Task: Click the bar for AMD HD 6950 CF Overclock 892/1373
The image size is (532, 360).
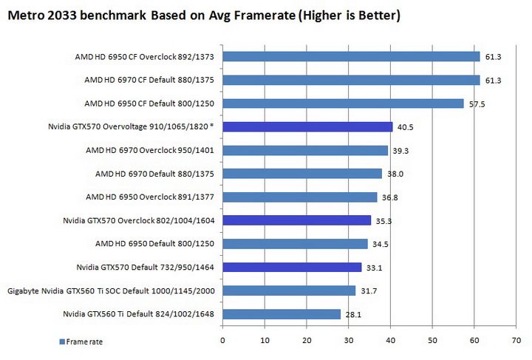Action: [x=351, y=56]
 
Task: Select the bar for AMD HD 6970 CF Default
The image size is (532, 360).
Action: [x=351, y=80]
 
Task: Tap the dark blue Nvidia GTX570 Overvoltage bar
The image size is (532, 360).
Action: [x=307, y=126]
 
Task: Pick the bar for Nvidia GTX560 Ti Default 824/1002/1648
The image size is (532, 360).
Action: [x=282, y=314]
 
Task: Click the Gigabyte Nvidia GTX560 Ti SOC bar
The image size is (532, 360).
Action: [x=289, y=291]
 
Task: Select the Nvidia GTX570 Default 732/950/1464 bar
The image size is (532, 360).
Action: [x=292, y=267]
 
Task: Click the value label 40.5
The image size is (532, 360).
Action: [x=404, y=127]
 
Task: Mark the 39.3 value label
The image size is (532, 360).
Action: [x=399, y=151]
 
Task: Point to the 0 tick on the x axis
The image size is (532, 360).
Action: [x=222, y=341]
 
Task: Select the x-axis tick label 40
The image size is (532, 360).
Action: [x=389, y=341]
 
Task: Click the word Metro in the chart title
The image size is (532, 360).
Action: [x=27, y=14]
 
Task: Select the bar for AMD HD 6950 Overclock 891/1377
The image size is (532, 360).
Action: [x=300, y=197]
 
